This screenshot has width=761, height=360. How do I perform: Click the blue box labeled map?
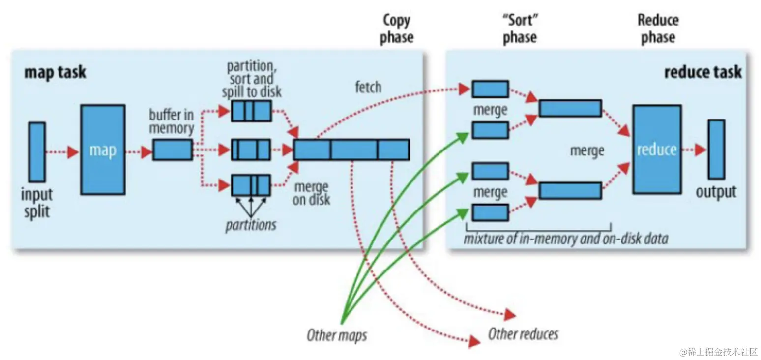pos(102,150)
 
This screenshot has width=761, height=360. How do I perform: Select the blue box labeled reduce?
pos(656,150)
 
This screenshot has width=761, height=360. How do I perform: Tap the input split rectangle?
pos(37,151)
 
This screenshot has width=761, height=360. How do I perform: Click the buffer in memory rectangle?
pos(172,150)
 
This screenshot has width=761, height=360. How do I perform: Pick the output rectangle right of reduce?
pos(716,150)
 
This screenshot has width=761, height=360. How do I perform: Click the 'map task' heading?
pos(55,72)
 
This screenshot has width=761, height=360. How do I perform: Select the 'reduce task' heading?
pos(702,72)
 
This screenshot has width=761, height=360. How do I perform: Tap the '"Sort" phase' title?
pos(520,29)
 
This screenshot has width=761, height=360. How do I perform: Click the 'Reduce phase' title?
pos(658,29)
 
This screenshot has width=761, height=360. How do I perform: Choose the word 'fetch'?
pos(368,87)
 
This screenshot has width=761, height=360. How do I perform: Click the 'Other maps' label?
pos(337,336)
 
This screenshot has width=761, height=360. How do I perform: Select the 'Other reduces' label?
pos(523,334)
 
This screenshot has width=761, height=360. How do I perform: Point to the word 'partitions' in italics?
pos(251,225)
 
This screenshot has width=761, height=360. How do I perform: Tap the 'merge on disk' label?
pos(311,193)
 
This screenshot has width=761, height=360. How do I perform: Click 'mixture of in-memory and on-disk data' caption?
pos(566,240)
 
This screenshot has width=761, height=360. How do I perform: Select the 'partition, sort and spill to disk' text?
pos(251,79)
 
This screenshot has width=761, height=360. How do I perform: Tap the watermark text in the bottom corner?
pos(718,352)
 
